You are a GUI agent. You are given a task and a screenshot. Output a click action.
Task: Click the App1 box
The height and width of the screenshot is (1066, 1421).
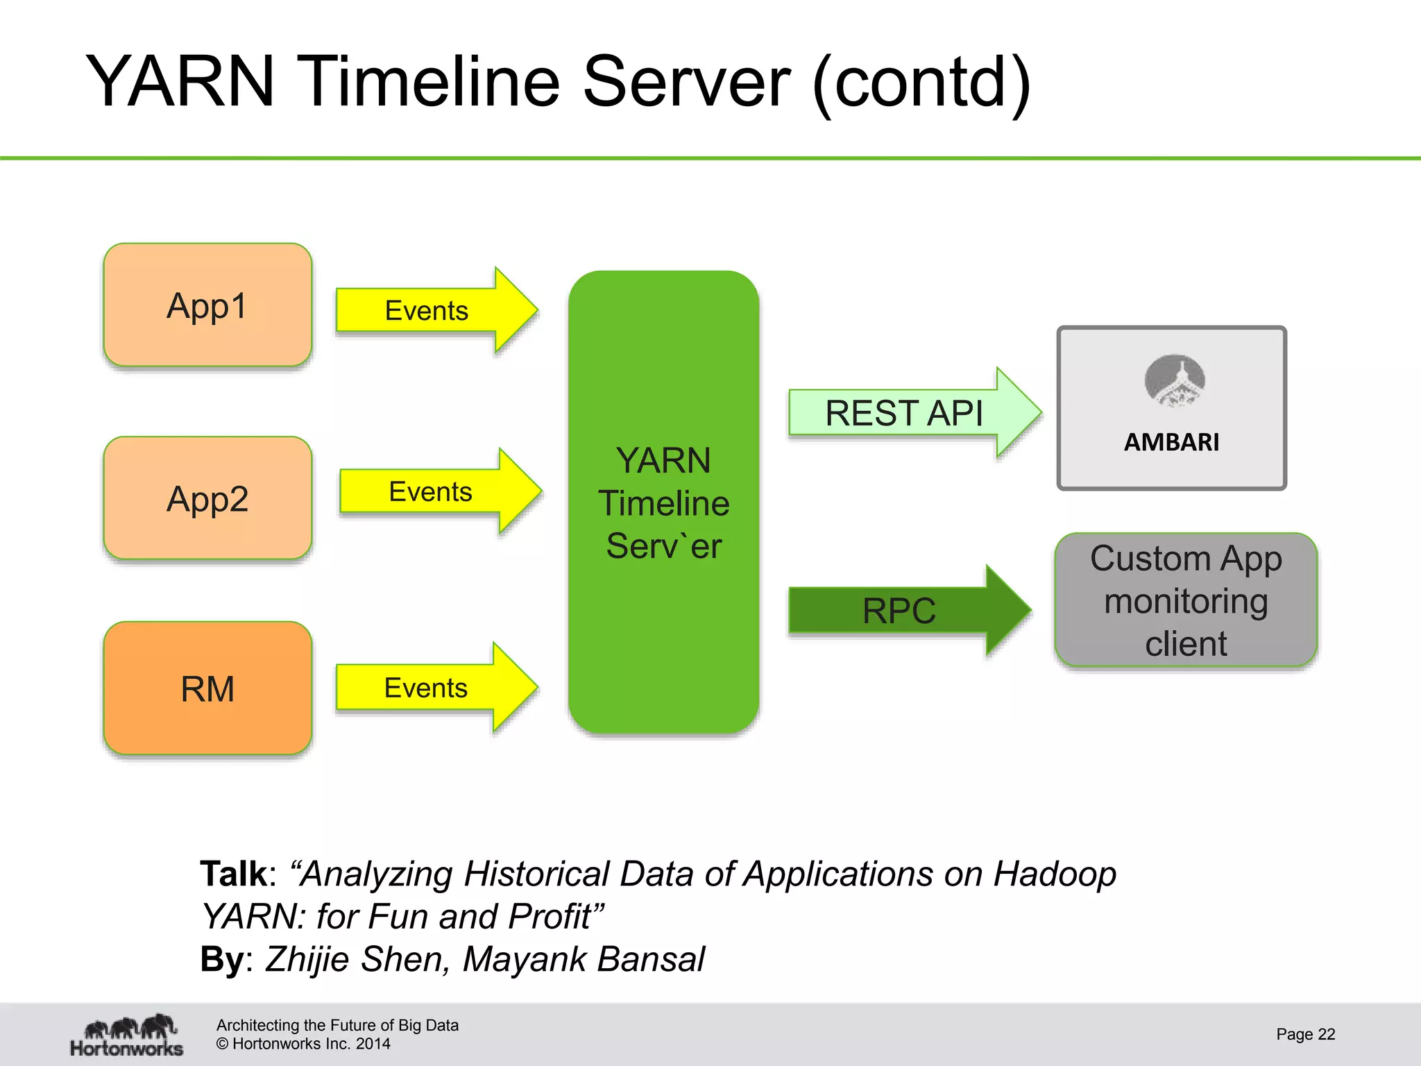[207, 305]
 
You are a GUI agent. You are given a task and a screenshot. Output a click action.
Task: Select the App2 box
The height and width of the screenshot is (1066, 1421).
[207, 498]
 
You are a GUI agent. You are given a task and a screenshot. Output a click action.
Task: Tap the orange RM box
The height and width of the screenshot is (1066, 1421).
[207, 688]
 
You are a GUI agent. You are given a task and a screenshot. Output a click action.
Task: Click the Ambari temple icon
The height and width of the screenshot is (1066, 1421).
[1174, 380]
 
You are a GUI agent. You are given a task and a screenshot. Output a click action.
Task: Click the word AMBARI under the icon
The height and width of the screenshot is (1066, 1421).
[1171, 442]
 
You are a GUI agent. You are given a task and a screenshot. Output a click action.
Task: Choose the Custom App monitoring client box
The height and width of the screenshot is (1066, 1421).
[1185, 600]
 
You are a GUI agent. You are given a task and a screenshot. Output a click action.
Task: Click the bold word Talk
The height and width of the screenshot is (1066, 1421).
[233, 874]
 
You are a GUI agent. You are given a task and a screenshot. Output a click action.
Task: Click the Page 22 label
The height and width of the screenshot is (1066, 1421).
[1305, 1034]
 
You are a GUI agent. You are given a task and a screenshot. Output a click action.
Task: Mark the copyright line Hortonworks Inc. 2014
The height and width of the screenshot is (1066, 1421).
[303, 1044]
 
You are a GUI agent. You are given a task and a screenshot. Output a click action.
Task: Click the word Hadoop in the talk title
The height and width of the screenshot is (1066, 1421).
[1055, 874]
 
